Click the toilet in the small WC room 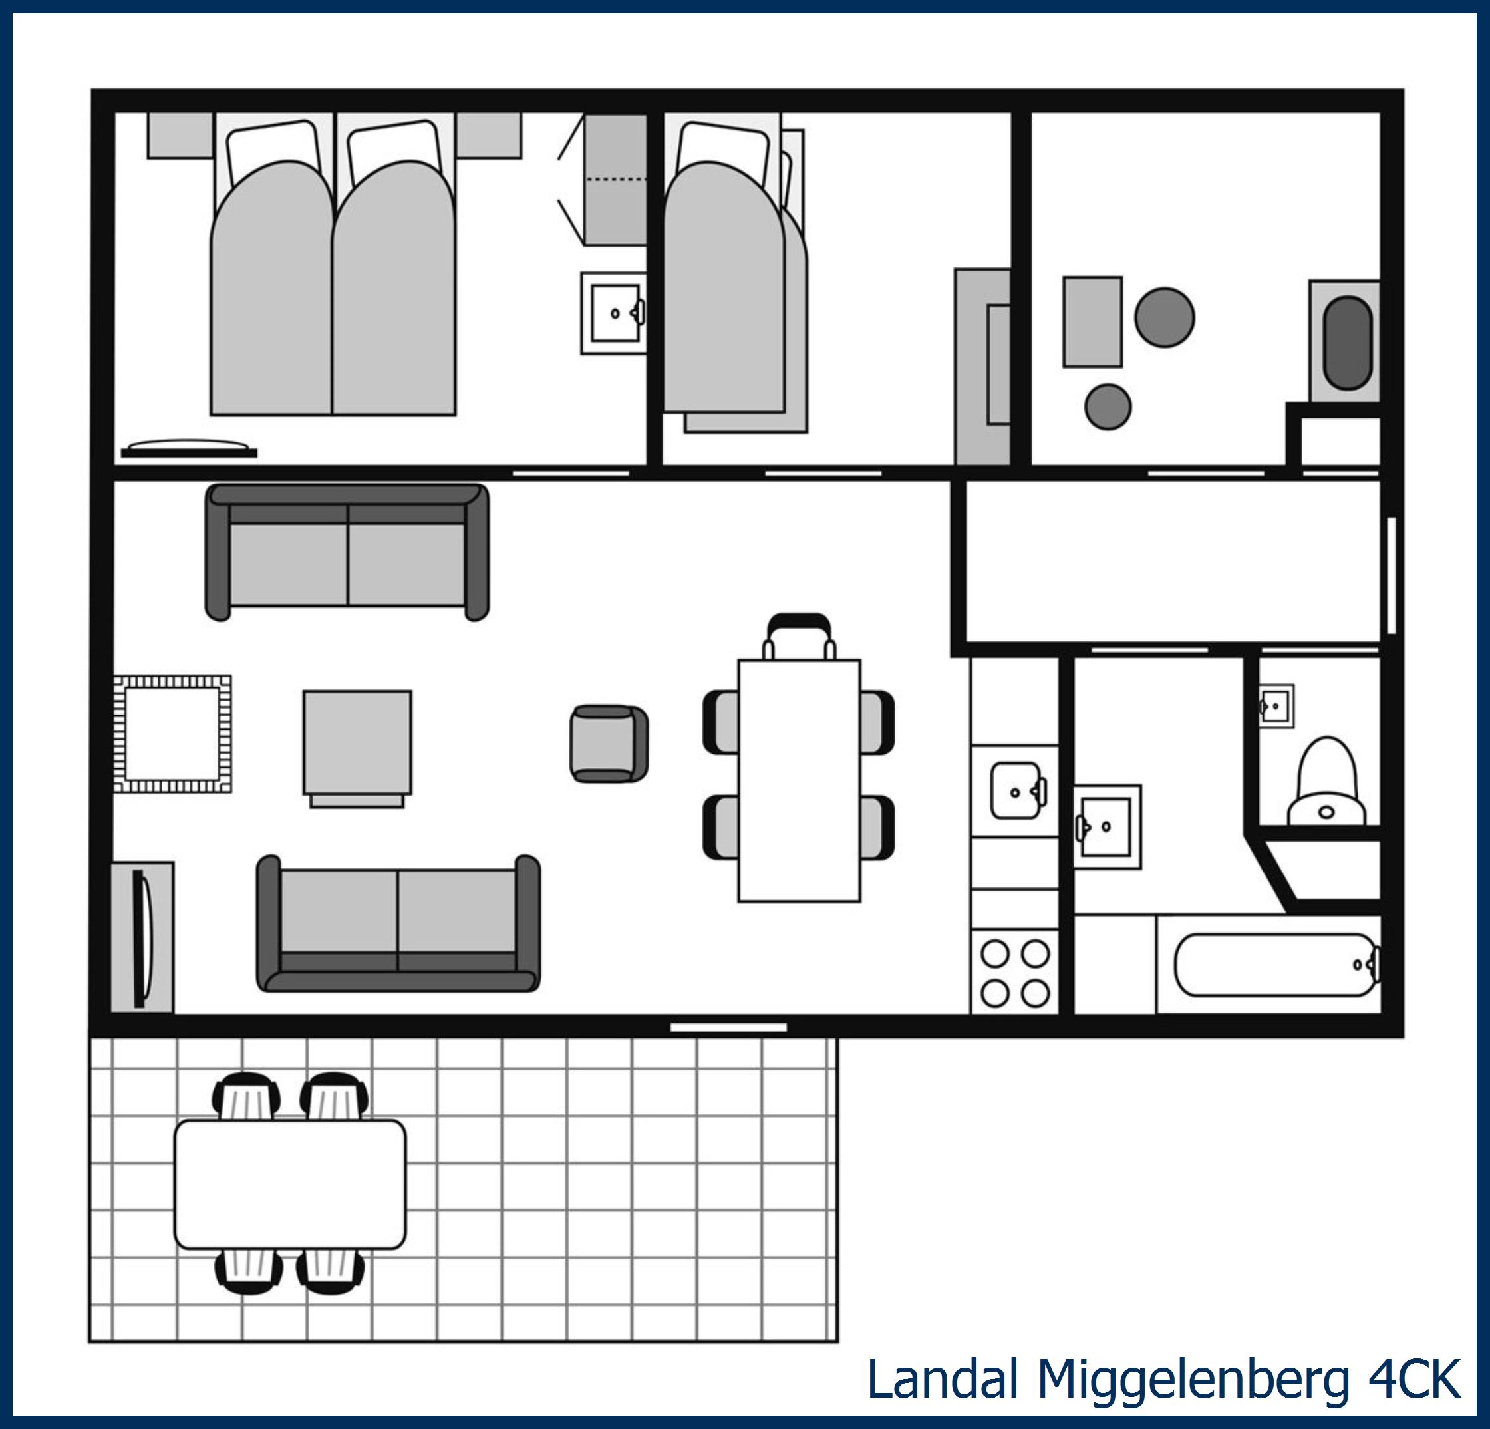[1326, 782]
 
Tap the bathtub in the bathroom [1277, 965]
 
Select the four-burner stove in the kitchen [1015, 972]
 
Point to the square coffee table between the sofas [357, 742]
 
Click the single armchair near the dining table [609, 743]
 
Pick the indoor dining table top [799, 780]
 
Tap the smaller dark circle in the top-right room [1108, 406]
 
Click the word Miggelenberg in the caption [1193, 1379]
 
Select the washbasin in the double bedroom [613, 313]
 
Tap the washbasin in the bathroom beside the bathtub [1108, 827]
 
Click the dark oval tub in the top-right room [1347, 343]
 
